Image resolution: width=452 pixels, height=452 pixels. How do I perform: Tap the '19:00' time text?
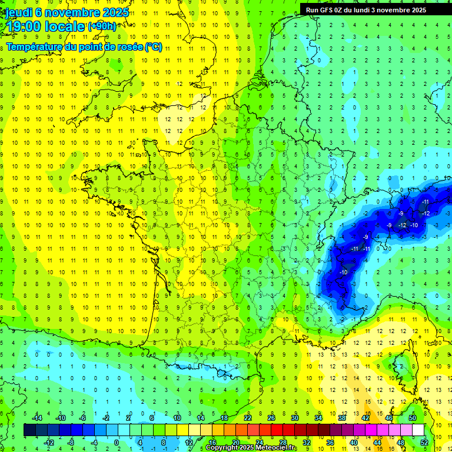coord(26,26)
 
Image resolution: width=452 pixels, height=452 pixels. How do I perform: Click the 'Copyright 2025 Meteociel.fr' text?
coord(251,448)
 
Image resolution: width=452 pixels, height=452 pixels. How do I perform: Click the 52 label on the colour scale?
coord(424,442)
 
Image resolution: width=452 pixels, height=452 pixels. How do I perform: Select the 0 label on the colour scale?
coord(117,442)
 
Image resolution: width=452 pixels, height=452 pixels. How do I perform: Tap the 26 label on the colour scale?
coord(271,418)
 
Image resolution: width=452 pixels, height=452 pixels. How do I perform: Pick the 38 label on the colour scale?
coord(342,418)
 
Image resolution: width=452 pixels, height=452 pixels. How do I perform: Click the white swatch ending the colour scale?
coord(418,430)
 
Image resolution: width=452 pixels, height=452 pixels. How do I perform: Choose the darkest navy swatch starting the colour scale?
coord(30,430)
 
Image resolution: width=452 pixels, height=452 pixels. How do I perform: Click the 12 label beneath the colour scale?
coord(189,442)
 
